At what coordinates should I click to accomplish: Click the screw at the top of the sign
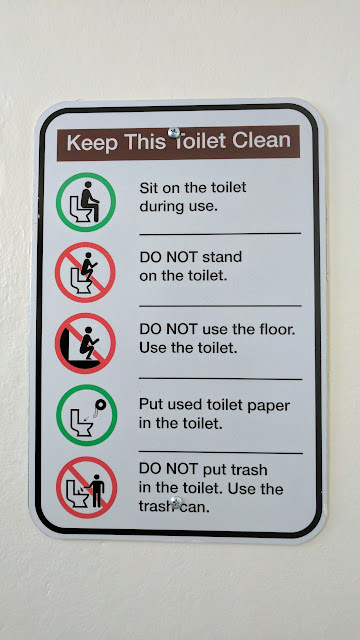(x=174, y=133)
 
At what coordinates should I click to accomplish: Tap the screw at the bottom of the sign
(x=176, y=502)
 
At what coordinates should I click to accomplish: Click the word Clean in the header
(x=261, y=140)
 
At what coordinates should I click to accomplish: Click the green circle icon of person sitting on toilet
(x=86, y=202)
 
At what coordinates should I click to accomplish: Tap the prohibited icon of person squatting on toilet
(x=85, y=272)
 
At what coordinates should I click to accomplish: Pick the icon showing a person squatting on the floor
(x=85, y=343)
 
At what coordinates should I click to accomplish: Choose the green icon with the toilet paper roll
(x=87, y=415)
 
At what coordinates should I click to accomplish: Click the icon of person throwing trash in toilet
(x=87, y=487)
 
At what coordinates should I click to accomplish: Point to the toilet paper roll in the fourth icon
(x=100, y=404)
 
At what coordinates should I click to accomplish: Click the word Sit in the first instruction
(x=149, y=188)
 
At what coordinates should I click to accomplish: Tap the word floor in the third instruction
(x=278, y=329)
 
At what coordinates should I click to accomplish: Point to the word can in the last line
(x=196, y=507)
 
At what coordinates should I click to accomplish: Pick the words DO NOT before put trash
(x=169, y=469)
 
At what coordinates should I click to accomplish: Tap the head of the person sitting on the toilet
(x=88, y=185)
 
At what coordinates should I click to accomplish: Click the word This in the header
(x=145, y=142)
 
